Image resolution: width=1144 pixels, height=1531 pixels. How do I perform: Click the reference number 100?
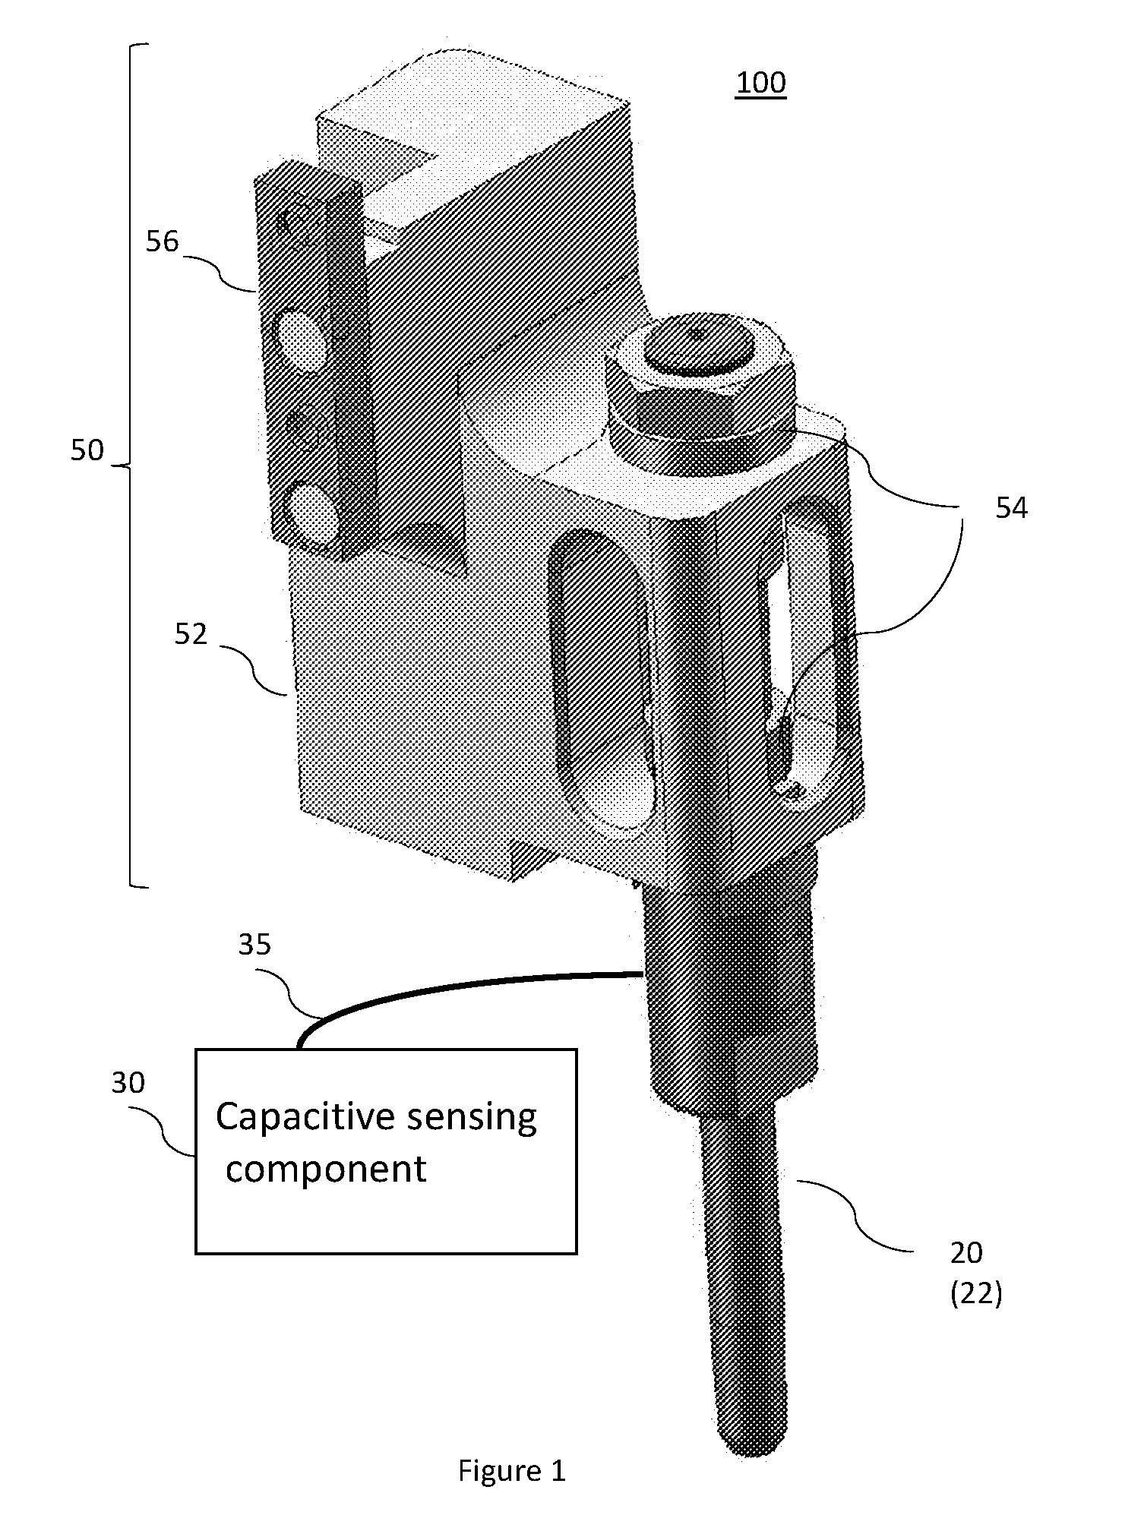[x=761, y=83]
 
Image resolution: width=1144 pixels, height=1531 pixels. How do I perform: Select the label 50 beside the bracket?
[x=87, y=450]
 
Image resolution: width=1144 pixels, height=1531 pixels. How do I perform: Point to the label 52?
[x=191, y=634]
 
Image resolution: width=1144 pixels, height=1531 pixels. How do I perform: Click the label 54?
[x=1011, y=508]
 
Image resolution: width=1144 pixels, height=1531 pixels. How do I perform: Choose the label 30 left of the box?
[x=128, y=1082]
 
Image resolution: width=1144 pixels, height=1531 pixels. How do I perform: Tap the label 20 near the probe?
[x=966, y=1253]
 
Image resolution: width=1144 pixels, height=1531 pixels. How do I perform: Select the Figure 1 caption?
[x=512, y=1471]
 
